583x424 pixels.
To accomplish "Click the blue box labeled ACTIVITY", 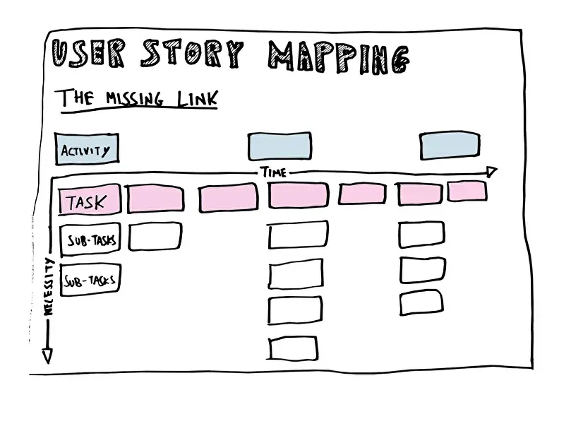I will point(87,149).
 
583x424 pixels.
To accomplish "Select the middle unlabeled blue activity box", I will point(279,146).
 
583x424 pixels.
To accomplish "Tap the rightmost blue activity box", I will point(450,145).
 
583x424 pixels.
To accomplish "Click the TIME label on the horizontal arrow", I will point(273,172).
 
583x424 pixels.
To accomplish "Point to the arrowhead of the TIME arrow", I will point(491,172).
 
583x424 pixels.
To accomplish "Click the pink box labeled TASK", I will point(89,201).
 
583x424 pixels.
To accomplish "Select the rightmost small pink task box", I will point(467,191).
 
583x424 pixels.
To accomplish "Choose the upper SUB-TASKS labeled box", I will point(90,239).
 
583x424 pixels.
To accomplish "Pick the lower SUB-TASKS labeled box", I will point(90,281).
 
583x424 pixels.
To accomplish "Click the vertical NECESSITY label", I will point(49,287).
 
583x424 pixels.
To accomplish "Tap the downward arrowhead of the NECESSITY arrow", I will point(47,356).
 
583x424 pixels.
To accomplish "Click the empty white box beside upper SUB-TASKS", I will point(155,236).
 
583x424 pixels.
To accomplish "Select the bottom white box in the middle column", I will point(294,348).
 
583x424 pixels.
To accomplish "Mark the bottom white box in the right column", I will point(421,302).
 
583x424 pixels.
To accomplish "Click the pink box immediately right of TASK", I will point(155,199).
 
